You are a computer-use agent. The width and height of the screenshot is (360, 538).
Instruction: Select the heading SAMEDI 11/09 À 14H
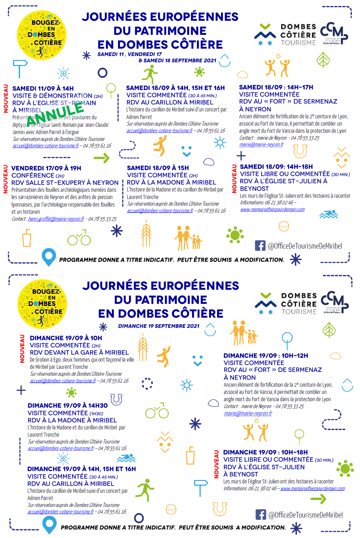tap(43, 89)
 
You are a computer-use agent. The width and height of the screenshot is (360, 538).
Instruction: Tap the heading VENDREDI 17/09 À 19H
tap(46, 168)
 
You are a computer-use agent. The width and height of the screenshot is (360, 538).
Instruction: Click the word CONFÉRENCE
tap(33, 175)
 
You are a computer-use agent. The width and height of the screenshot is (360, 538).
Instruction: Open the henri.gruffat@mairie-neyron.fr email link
tap(56, 219)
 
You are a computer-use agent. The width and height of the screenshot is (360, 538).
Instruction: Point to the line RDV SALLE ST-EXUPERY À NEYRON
tap(65, 183)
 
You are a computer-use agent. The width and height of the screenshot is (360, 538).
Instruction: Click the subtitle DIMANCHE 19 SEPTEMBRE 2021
tap(159, 326)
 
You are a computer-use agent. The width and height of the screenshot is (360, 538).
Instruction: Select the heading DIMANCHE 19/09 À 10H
tap(66, 338)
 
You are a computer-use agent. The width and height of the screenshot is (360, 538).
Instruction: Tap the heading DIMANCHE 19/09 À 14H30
tap(67, 406)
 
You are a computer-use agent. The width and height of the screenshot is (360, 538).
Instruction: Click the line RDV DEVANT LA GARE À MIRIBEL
tap(79, 352)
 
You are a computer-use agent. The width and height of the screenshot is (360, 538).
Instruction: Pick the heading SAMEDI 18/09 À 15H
tap(158, 168)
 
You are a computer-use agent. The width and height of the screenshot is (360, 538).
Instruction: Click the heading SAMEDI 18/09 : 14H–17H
tap(276, 87)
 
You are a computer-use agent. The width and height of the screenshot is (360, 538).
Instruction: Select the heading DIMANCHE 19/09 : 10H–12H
tap(266, 356)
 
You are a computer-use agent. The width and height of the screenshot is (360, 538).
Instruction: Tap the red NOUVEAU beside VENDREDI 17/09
tap(5, 179)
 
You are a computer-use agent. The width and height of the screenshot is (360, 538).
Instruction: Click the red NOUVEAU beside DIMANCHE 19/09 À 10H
tap(22, 349)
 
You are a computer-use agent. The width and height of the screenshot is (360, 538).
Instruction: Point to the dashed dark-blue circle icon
tap(147, 383)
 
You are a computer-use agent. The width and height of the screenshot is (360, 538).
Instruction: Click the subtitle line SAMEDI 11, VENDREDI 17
tap(130, 54)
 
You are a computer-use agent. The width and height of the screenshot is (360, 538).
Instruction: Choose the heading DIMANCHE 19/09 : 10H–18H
tap(266, 452)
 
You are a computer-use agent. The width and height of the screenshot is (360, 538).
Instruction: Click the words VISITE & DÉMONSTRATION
tap(52, 96)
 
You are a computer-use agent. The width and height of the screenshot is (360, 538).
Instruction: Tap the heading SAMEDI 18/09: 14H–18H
tap(276, 167)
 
